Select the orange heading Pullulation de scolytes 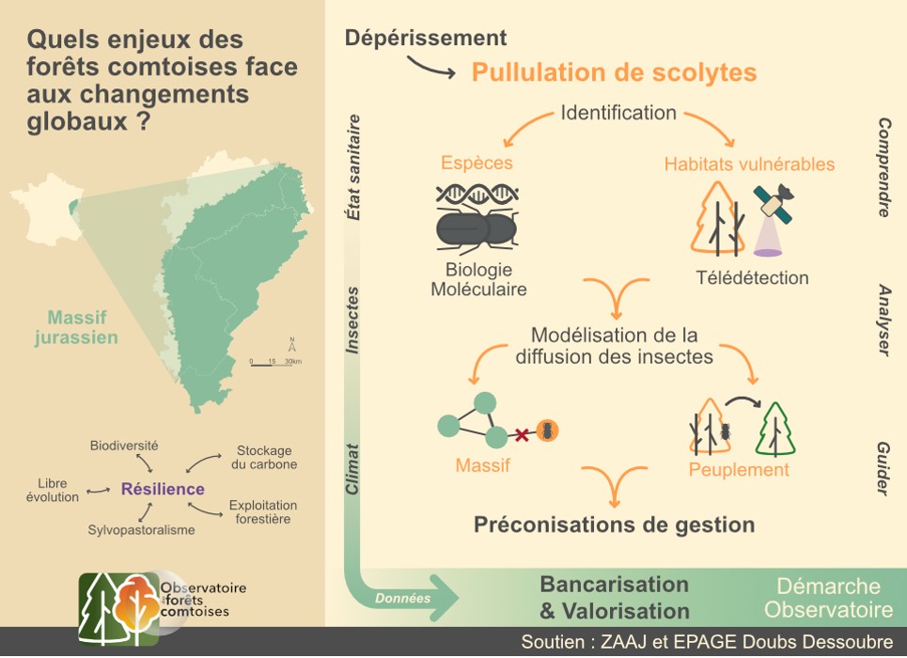[614, 72]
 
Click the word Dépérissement [426, 38]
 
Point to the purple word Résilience [163, 489]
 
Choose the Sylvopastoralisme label [141, 530]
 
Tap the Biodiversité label [124, 445]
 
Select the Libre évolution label [53, 490]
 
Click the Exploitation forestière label [263, 512]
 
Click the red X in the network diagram [519, 433]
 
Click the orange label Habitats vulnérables [749, 164]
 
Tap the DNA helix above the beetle [477, 195]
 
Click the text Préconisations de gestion [614, 525]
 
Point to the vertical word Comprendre [884, 167]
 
